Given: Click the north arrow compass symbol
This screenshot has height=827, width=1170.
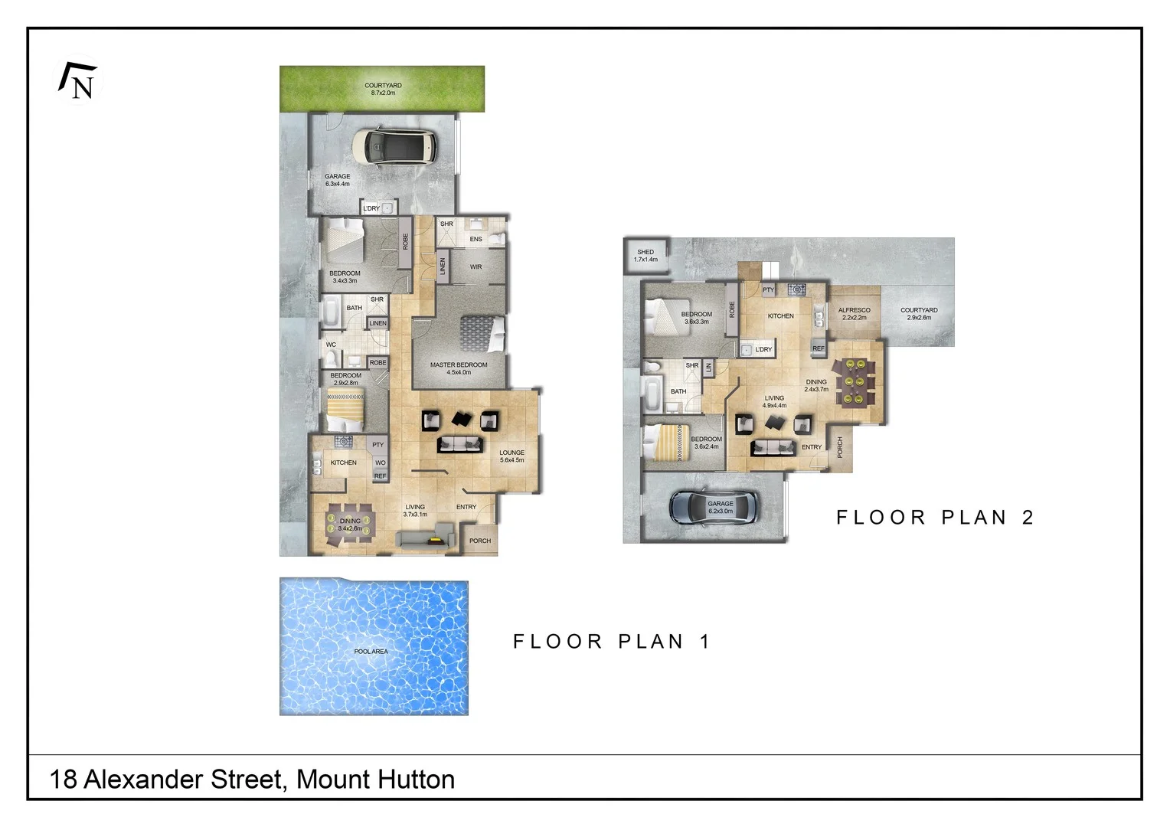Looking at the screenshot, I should click(x=78, y=81).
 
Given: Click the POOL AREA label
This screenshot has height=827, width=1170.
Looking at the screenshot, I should click(x=371, y=652).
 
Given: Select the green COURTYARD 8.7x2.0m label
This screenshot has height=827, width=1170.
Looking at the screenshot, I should click(x=383, y=89).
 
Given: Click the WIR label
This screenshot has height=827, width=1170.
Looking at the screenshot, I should click(x=476, y=267).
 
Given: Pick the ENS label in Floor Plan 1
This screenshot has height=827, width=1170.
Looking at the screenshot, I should click(x=476, y=239).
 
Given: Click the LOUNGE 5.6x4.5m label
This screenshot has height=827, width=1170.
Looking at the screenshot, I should click(x=511, y=456).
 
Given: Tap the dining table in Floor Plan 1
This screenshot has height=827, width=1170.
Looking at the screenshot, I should click(x=349, y=524).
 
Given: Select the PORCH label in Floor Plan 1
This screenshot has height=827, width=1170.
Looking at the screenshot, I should click(x=480, y=541).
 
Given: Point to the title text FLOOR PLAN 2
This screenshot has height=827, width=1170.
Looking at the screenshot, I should click(x=935, y=518).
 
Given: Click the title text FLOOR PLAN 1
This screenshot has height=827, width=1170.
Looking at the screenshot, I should click(x=612, y=642).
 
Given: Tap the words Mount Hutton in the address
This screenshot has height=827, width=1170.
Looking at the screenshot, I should click(x=375, y=780).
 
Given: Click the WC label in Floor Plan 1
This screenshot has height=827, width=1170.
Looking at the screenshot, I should click(x=331, y=345).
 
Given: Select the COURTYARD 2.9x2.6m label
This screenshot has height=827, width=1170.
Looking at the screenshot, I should click(x=919, y=314).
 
